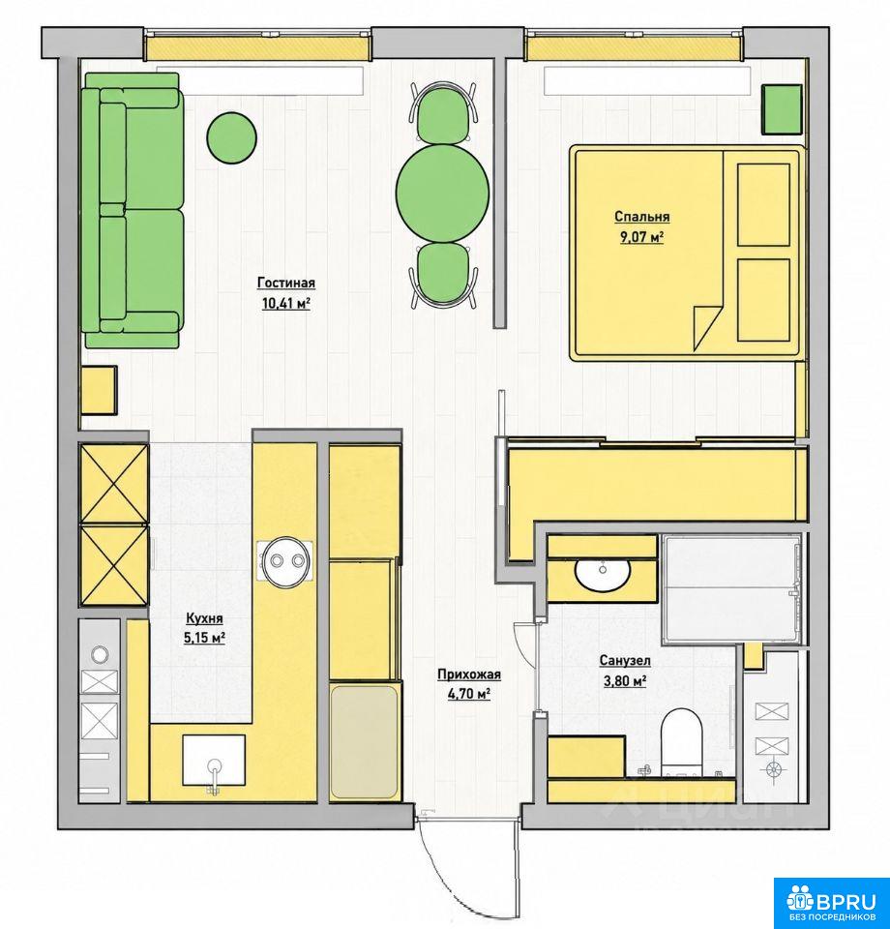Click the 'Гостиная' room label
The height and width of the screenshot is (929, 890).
click(x=286, y=283)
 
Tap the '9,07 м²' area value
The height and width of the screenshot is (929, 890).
click(x=641, y=237)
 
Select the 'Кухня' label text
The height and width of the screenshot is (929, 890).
click(x=204, y=618)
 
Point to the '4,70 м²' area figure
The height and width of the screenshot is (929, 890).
click(x=468, y=693)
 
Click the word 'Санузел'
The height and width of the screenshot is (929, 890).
click(x=625, y=660)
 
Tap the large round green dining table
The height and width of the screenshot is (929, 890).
click(x=443, y=193)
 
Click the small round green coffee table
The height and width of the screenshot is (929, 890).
click(x=231, y=137)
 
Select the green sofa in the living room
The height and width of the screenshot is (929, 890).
click(x=132, y=210)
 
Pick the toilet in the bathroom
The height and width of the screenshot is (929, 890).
click(x=681, y=742)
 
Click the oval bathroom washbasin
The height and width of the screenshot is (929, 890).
click(x=603, y=572)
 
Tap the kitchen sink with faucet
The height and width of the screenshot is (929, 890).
click(x=214, y=762)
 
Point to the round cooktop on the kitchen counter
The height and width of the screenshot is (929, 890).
click(x=287, y=561)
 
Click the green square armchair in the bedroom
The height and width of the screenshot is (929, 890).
click(x=781, y=109)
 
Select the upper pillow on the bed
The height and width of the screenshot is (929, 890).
click(x=763, y=204)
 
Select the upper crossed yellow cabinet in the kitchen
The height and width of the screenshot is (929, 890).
click(x=114, y=484)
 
